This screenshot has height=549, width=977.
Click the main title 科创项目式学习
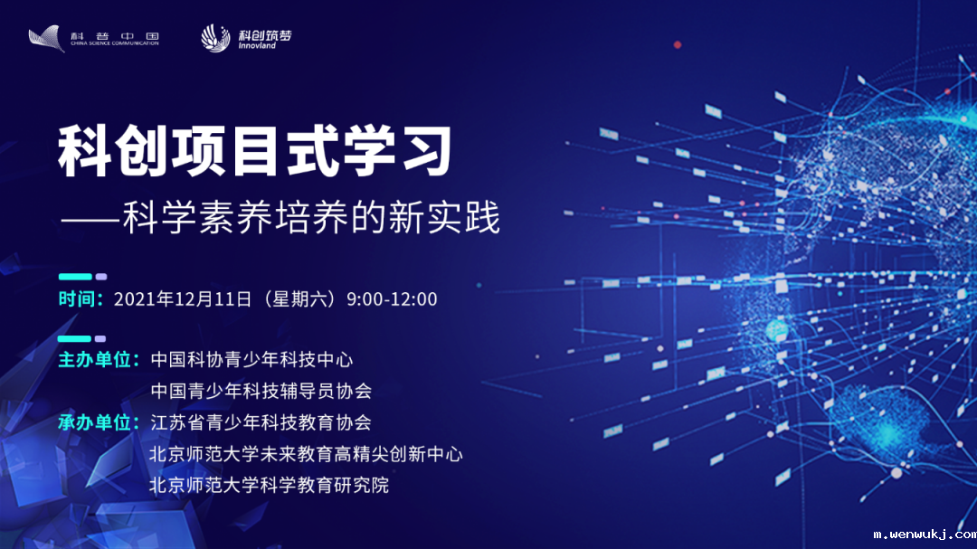pyautogui.click(x=254, y=152)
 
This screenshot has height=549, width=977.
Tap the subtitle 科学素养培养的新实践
pyautogui.click(x=312, y=218)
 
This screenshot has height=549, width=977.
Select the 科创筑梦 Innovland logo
pyautogui.click(x=246, y=38)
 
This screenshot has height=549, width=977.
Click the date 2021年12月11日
pyautogui.click(x=182, y=299)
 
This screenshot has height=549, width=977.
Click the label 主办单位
pyautogui.click(x=99, y=359)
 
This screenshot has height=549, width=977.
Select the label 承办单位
pyautogui.click(x=99, y=422)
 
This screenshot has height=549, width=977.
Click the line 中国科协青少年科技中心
pyautogui.click(x=251, y=359)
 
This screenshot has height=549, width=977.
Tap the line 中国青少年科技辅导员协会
pyautogui.click(x=261, y=391)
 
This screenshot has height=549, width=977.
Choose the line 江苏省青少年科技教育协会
pyautogui.click(x=261, y=422)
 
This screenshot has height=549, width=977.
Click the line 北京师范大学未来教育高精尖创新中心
pyautogui.click(x=307, y=454)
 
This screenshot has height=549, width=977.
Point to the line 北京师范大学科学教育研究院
pyautogui.click(x=270, y=486)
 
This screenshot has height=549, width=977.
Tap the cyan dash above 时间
pyautogui.click(x=76, y=277)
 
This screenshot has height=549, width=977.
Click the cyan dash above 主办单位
pyautogui.click(x=76, y=338)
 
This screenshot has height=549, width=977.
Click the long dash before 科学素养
pyautogui.click(x=90, y=220)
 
